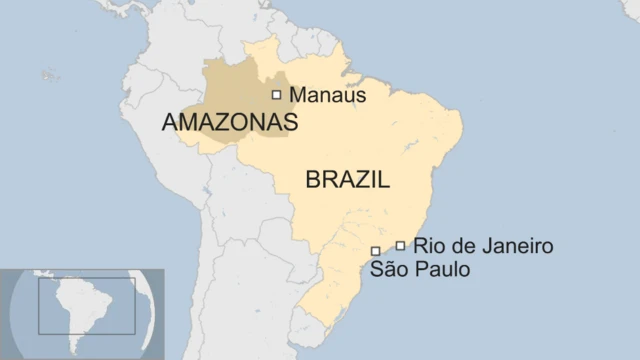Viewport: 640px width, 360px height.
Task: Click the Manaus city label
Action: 327,95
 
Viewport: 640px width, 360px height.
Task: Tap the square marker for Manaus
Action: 277,95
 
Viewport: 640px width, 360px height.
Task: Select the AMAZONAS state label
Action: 230,122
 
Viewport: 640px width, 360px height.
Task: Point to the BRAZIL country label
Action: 347,180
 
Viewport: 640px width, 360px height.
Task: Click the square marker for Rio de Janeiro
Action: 400,246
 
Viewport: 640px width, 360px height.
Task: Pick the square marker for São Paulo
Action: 375,251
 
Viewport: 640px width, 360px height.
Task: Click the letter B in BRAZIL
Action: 312,180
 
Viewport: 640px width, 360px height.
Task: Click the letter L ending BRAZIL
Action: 383,180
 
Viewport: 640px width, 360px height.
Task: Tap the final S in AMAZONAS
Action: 291,122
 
